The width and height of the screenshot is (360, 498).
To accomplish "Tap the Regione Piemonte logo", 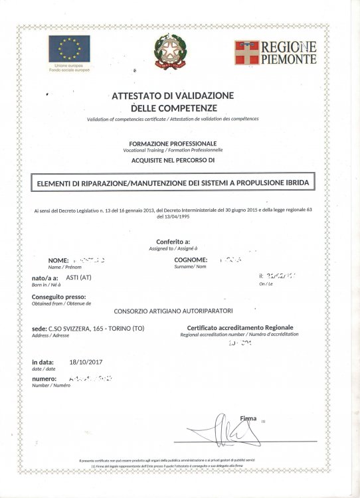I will click(274, 52).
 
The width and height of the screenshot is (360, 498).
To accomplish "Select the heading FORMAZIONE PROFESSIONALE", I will click(173, 143).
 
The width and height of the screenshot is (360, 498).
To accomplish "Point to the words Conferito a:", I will click(173, 242).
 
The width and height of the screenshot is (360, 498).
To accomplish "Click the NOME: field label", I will click(58, 260).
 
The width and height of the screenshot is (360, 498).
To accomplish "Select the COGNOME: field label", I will click(191, 260).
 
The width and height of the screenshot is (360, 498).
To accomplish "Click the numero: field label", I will click(47, 379).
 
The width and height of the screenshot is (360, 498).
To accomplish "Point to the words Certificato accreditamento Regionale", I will click(240, 328).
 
